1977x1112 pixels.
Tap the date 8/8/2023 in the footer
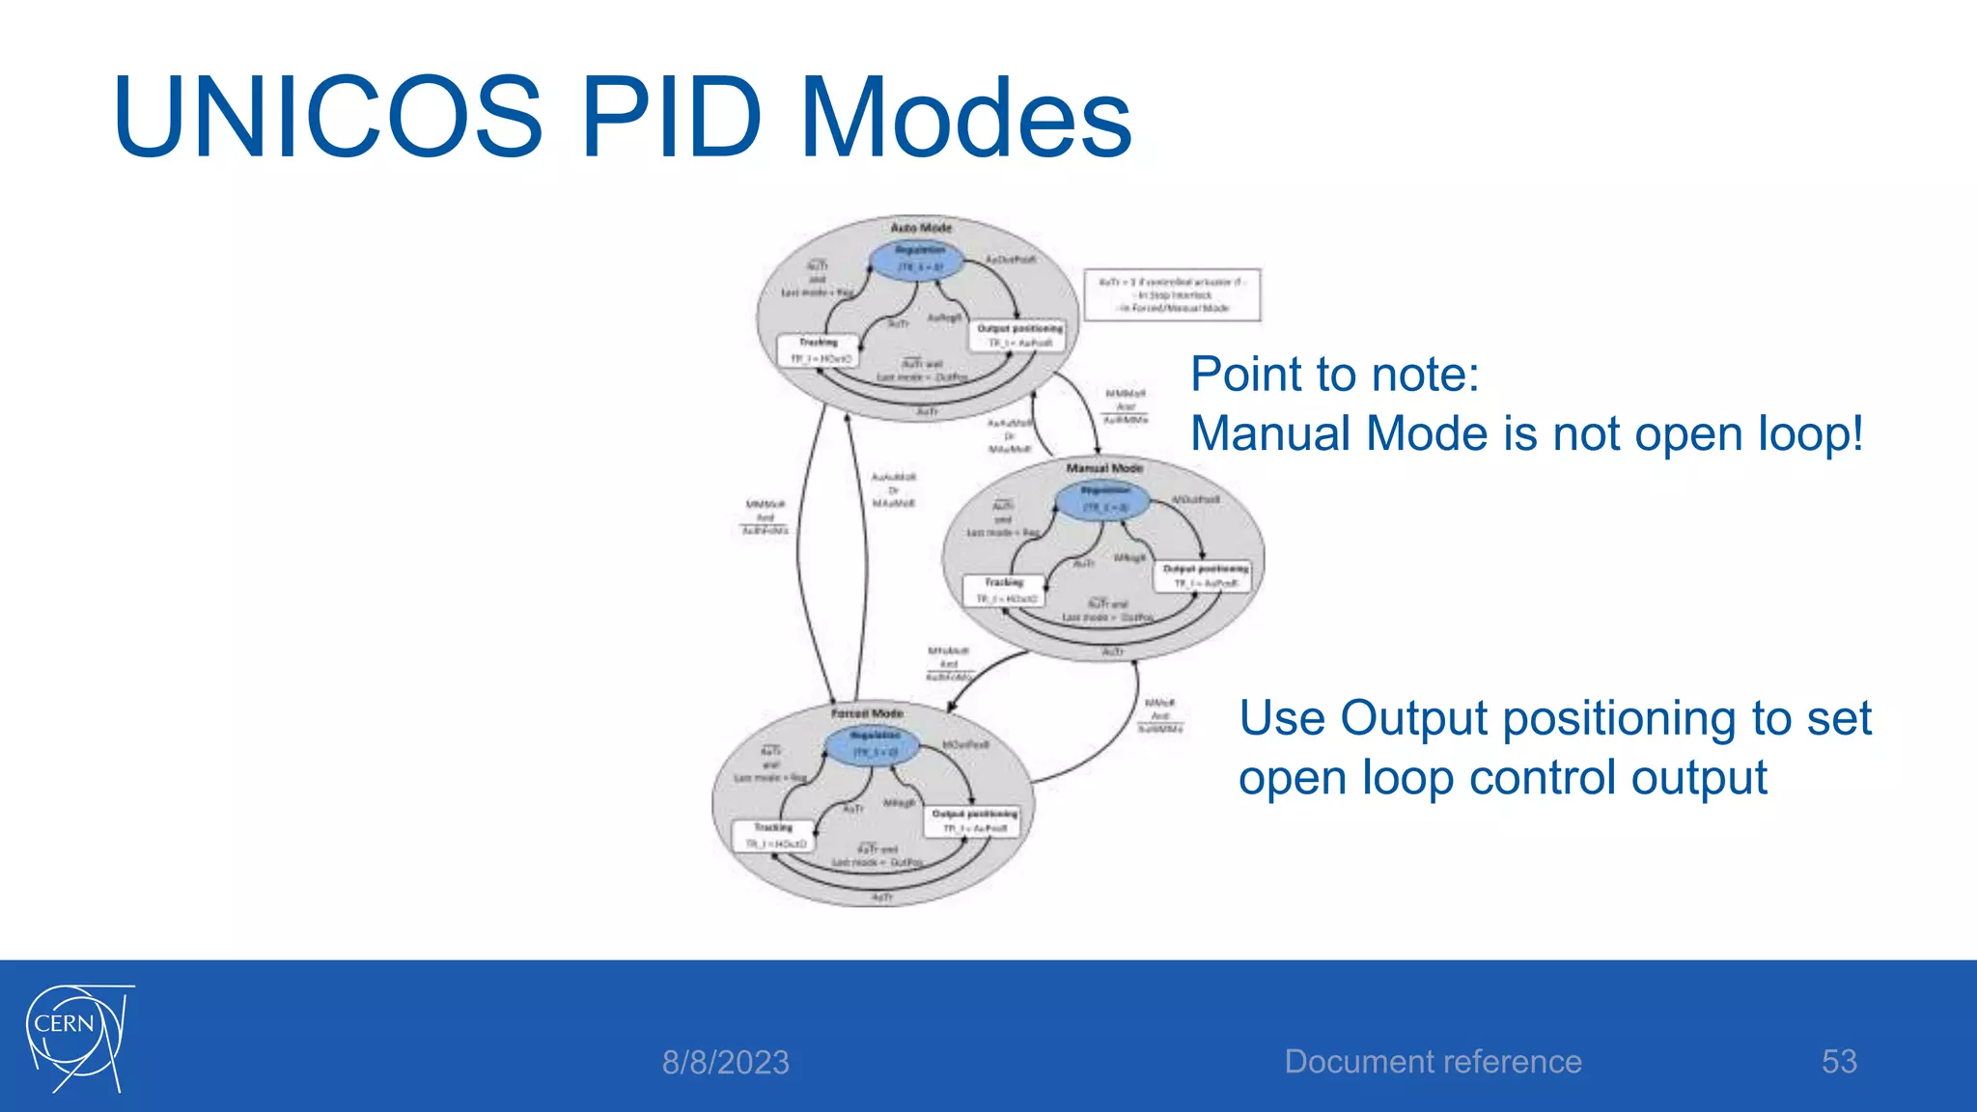point(725,1063)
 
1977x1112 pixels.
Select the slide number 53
point(1839,1062)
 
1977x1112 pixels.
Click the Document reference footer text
point(1433,1062)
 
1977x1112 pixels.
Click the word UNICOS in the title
point(327,118)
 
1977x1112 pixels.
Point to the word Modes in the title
point(966,118)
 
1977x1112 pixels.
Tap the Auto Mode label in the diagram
point(920,228)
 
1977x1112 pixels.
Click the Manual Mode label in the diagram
point(1104,468)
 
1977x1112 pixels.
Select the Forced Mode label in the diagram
point(867,713)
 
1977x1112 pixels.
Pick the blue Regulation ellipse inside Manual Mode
point(1102,500)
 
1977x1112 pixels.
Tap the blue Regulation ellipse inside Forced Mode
point(873,745)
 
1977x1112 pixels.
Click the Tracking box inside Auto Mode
point(818,350)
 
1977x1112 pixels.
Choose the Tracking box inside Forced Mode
point(772,836)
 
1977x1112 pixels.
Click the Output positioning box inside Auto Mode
point(1019,336)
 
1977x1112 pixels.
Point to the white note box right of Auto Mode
point(1172,294)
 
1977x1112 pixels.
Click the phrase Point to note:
point(1334,375)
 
